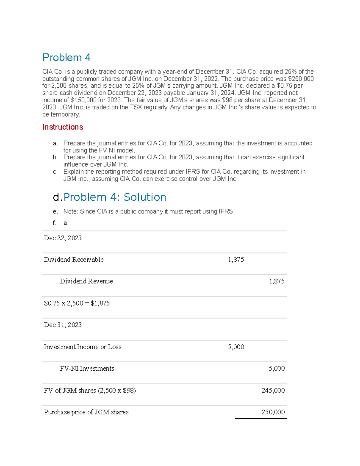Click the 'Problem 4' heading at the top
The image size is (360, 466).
[66, 57]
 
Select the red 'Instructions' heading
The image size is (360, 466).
[63, 127]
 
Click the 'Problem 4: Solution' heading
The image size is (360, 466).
[115, 197]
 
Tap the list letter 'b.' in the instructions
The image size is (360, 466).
[55, 157]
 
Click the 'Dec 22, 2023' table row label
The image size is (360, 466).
[63, 238]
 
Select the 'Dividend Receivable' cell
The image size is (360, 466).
[73, 260]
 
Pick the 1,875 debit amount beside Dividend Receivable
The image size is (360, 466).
[236, 260]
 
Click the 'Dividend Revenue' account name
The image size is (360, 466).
[86, 281]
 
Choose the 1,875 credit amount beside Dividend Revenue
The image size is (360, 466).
[277, 281]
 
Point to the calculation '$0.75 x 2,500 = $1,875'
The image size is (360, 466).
[77, 303]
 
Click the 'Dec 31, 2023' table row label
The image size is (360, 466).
[63, 325]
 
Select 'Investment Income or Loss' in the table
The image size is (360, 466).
[82, 347]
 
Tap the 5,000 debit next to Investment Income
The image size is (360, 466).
[236, 347]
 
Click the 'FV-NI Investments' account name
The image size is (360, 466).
[87, 368]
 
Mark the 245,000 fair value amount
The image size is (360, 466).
[273, 390]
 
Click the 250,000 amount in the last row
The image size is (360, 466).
[273, 412]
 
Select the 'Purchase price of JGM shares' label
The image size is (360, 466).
[86, 412]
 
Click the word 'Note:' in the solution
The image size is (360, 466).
[70, 212]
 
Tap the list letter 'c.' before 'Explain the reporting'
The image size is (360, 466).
[55, 172]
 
